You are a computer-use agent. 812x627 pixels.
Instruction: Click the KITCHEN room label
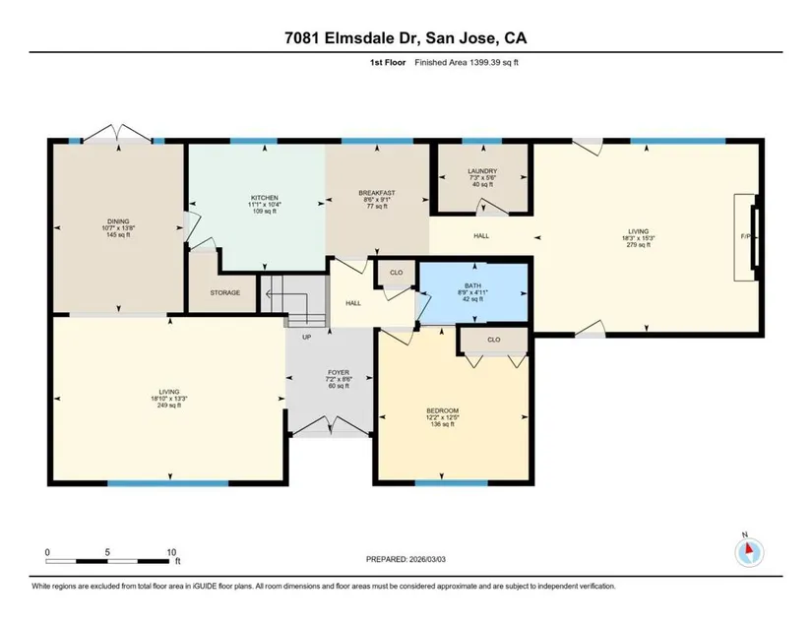click(265, 198)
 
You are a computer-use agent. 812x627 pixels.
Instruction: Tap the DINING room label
click(118, 221)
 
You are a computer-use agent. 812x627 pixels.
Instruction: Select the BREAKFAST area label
click(377, 193)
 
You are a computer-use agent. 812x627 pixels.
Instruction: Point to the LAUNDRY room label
click(482, 171)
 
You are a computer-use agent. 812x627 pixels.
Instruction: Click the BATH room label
click(472, 285)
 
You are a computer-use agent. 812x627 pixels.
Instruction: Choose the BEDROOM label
click(442, 411)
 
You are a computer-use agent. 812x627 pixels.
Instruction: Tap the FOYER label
click(339, 373)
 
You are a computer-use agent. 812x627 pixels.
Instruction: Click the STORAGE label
click(225, 293)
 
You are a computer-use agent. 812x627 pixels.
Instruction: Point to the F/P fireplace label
click(746, 236)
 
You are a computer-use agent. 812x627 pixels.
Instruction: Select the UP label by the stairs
click(306, 337)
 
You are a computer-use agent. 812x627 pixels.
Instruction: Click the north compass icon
click(749, 553)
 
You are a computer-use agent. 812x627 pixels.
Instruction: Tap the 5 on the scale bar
click(107, 552)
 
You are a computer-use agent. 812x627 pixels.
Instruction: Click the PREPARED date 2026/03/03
click(427, 559)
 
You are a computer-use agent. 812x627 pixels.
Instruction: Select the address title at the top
click(406, 37)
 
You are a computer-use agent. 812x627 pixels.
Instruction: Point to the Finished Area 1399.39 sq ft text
click(467, 63)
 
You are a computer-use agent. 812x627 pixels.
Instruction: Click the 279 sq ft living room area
click(638, 245)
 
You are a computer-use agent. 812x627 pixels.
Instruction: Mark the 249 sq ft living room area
click(169, 406)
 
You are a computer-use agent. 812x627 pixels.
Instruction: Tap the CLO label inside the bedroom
click(494, 340)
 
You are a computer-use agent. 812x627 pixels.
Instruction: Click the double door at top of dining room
click(118, 133)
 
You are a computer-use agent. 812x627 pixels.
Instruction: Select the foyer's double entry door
click(330, 424)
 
